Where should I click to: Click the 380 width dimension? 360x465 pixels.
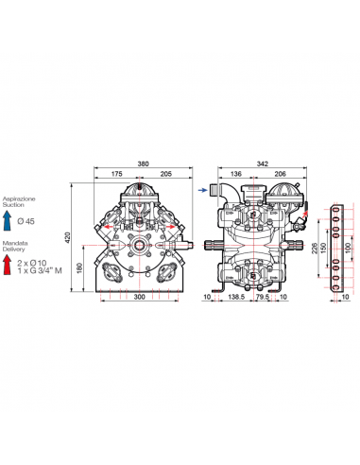[x=143, y=164]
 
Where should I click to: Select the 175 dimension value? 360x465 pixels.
[x=116, y=174]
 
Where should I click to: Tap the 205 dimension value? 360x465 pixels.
[x=166, y=174]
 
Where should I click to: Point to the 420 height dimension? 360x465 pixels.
[x=68, y=237]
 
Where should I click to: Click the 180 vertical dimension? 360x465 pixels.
[x=79, y=267]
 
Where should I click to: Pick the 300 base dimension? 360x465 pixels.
[x=139, y=297]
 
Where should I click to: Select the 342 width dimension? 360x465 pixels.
[x=263, y=164]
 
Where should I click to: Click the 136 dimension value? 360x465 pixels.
[x=236, y=174]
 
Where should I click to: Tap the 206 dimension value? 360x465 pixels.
[x=280, y=174]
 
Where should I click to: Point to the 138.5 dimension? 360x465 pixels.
[x=236, y=297]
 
